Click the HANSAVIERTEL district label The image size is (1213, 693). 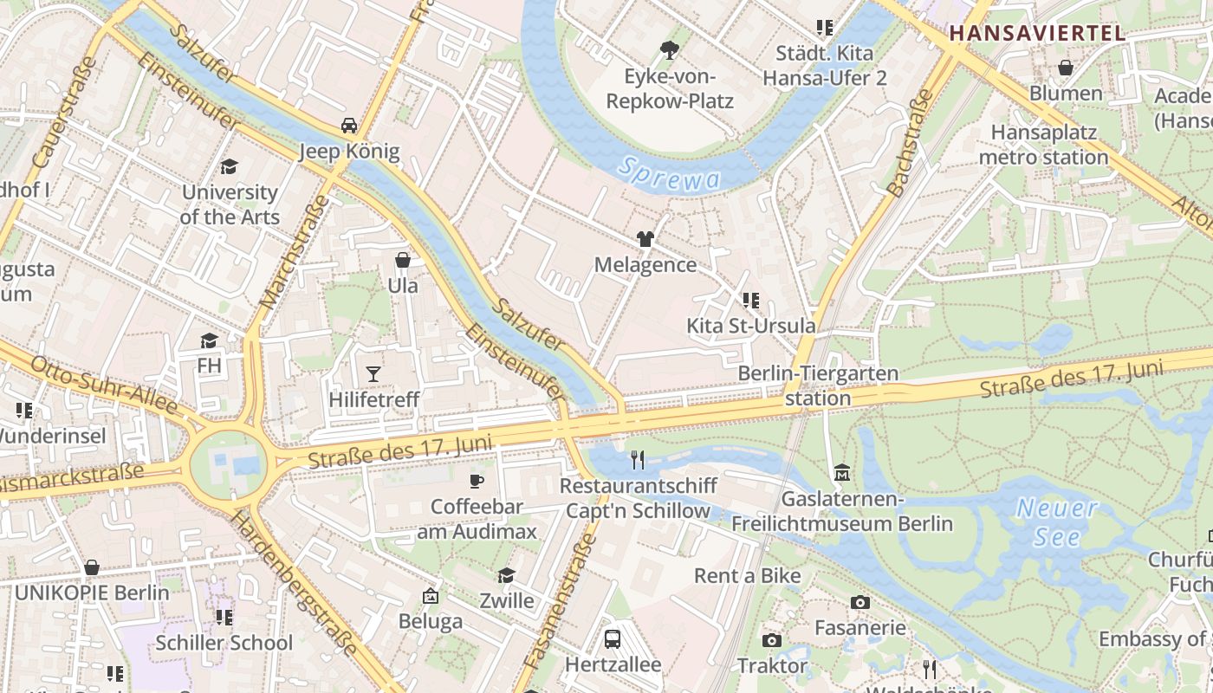pyautogui.click(x=1037, y=34)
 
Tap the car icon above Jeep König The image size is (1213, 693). pyautogui.click(x=349, y=126)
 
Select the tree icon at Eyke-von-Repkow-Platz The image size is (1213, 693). pyautogui.click(x=669, y=50)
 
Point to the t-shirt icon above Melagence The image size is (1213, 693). pyautogui.click(x=645, y=239)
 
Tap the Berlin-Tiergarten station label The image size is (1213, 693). pyautogui.click(x=818, y=386)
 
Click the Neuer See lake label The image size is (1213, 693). pyautogui.click(x=1057, y=521)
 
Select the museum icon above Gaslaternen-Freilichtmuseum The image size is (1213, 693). pyautogui.click(x=841, y=473)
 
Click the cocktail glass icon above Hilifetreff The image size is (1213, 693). pyautogui.click(x=373, y=374)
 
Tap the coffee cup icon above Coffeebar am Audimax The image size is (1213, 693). pyautogui.click(x=476, y=481)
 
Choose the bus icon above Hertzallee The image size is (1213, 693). pyautogui.click(x=613, y=639)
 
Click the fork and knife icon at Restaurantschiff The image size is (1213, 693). pyautogui.click(x=638, y=459)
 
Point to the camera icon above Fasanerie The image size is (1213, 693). pyautogui.click(x=859, y=602)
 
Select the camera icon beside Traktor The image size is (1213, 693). pyautogui.click(x=771, y=640)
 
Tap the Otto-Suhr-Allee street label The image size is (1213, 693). pyautogui.click(x=104, y=385)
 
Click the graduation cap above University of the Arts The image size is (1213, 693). pyautogui.click(x=229, y=166)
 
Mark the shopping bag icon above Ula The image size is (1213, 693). pyautogui.click(x=403, y=260)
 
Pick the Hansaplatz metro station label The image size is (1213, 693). pyautogui.click(x=1043, y=145)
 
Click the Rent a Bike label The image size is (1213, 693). pyautogui.click(x=747, y=575)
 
